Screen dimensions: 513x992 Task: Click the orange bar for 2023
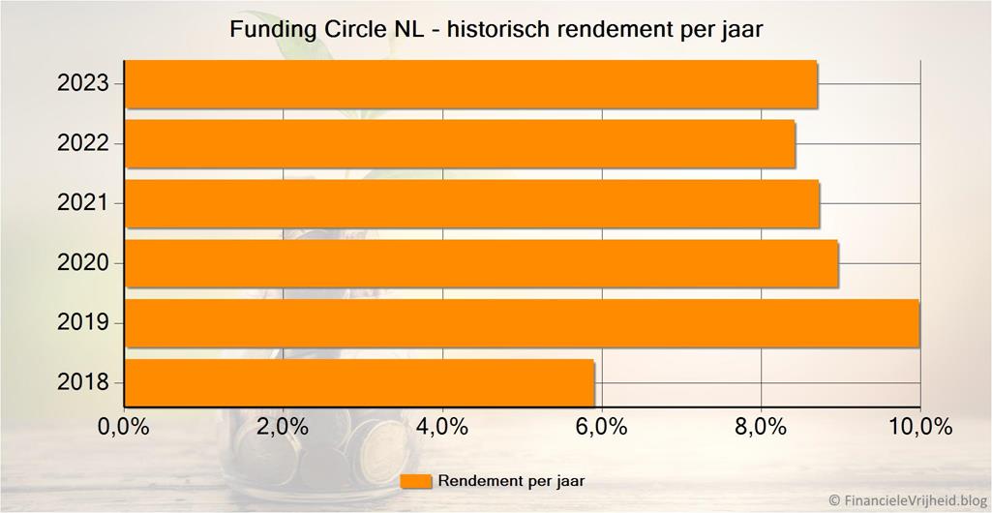(x=471, y=84)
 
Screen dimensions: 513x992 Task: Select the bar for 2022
(x=461, y=144)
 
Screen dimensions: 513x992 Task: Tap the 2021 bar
(x=472, y=203)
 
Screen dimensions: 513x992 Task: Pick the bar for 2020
(x=482, y=263)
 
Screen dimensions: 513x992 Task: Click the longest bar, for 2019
(x=523, y=323)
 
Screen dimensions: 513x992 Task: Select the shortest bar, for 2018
(x=360, y=382)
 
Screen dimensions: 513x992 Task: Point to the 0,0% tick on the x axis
(x=124, y=427)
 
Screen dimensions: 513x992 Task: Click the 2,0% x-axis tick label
(x=283, y=427)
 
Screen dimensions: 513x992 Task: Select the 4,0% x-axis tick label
(x=442, y=427)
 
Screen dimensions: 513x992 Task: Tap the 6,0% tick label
(x=601, y=427)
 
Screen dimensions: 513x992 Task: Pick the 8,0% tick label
(x=761, y=427)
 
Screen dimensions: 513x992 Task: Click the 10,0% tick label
(x=919, y=427)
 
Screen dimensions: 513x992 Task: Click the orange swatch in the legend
(x=415, y=481)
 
